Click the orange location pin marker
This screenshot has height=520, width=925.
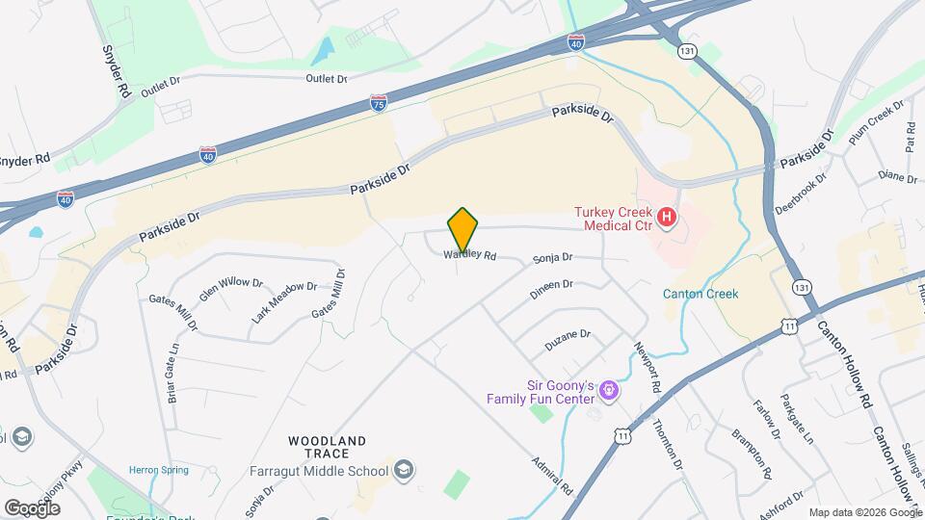pyautogui.click(x=463, y=229)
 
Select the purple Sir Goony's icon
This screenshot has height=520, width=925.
pyautogui.click(x=608, y=390)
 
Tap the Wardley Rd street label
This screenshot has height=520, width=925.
pyautogui.click(x=470, y=256)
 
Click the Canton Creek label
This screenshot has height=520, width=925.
pyautogui.click(x=700, y=294)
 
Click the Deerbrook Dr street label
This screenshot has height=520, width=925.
pyautogui.click(x=802, y=192)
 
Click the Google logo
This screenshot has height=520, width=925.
pyautogui.click(x=32, y=507)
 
